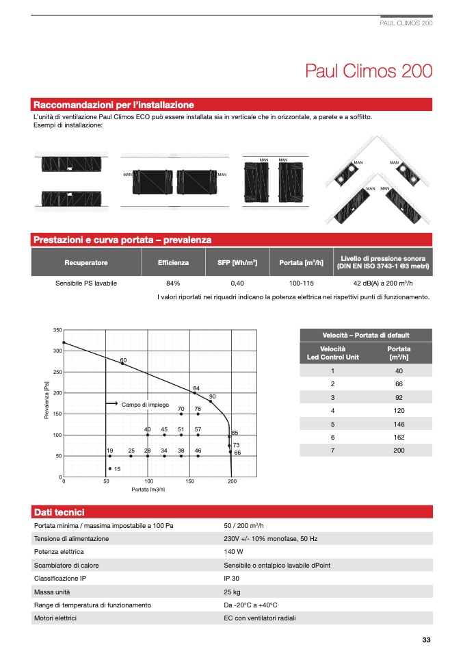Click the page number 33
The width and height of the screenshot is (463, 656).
click(x=426, y=640)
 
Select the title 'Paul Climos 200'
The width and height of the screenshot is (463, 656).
click(x=369, y=71)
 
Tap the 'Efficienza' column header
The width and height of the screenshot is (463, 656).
click(x=173, y=262)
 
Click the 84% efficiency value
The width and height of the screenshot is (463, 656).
click(x=173, y=283)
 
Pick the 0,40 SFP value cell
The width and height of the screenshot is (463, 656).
click(x=237, y=283)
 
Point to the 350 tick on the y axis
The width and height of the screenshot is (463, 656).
click(x=57, y=330)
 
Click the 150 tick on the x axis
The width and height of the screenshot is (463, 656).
click(x=189, y=481)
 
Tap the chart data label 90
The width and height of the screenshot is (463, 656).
click(x=212, y=396)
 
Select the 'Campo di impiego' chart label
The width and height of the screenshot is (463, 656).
click(x=145, y=405)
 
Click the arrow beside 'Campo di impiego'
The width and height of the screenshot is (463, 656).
click(x=111, y=403)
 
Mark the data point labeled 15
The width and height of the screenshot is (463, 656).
click(x=110, y=468)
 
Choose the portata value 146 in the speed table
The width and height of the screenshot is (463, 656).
click(x=399, y=425)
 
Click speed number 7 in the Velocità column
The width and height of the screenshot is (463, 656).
click(x=332, y=451)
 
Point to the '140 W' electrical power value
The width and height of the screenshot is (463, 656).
click(x=233, y=552)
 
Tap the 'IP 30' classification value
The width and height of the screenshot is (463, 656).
click(x=231, y=579)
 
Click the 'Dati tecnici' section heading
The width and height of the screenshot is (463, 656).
click(x=59, y=512)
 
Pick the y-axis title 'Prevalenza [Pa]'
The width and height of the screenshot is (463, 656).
click(x=47, y=400)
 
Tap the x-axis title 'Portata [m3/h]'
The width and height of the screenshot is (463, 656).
click(x=148, y=490)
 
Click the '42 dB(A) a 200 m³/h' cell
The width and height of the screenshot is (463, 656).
click(x=383, y=283)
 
